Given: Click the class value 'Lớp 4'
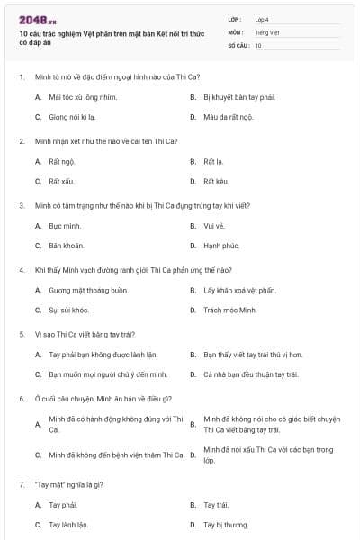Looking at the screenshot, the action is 262,18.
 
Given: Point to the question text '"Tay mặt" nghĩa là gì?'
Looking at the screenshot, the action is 70,484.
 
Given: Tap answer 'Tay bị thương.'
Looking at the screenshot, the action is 226,524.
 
